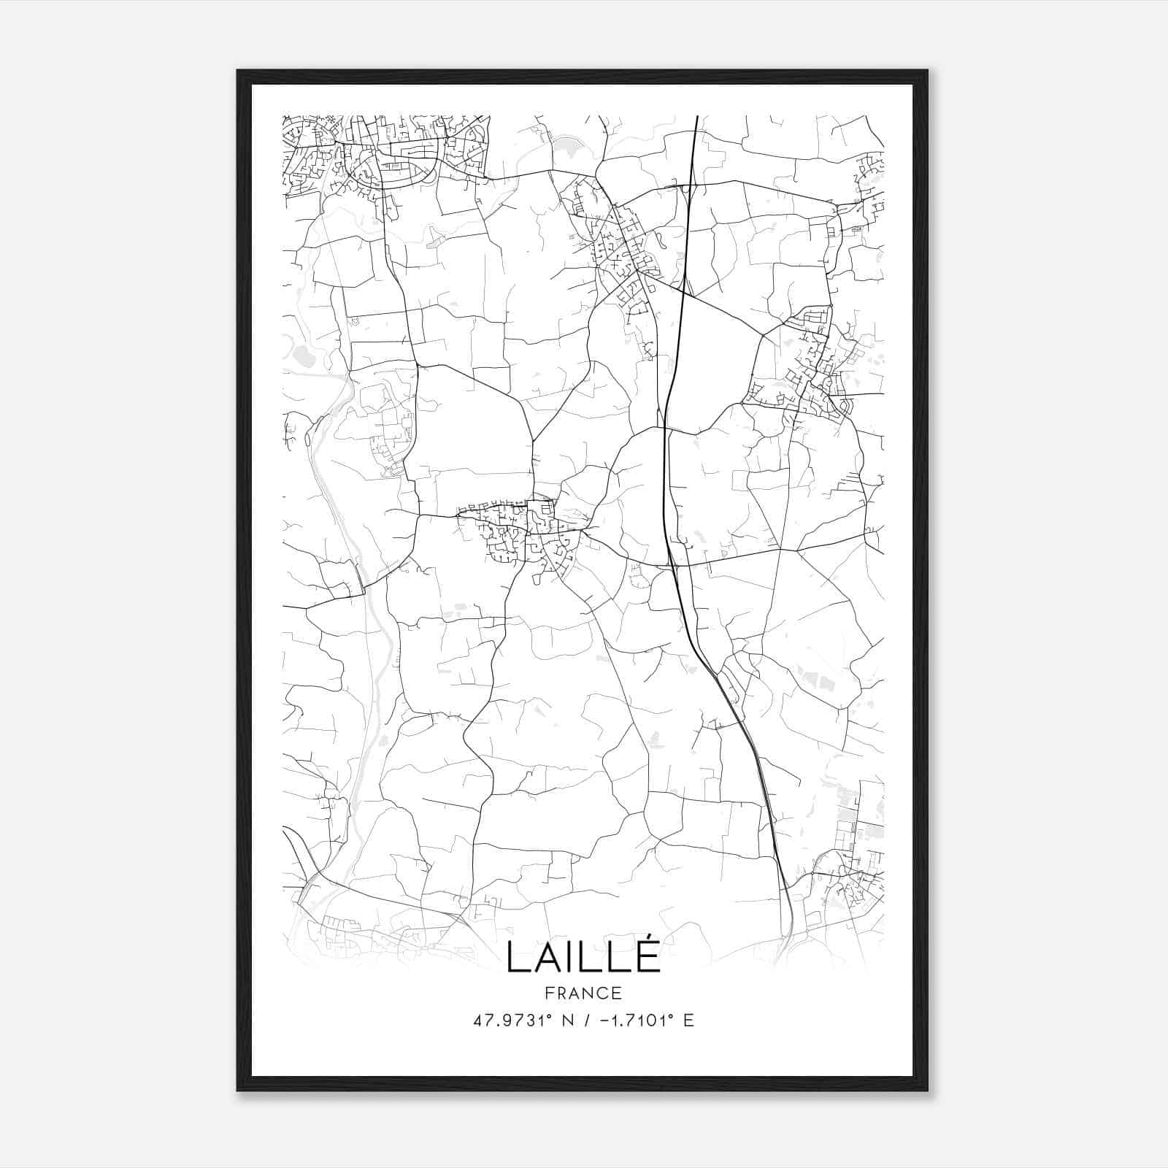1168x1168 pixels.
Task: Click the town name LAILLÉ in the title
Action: click(x=583, y=957)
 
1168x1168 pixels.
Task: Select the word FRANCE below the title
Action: click(x=583, y=994)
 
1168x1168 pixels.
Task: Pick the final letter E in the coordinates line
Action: click(x=688, y=1021)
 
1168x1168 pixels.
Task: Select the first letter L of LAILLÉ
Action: click(x=516, y=957)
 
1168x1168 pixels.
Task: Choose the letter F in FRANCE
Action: click(x=549, y=994)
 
